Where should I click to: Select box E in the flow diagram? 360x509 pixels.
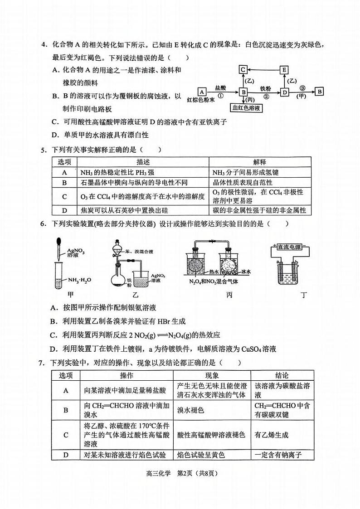(284, 69)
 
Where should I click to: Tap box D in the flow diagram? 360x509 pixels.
(284, 92)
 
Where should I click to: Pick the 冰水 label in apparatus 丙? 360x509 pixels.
(246, 272)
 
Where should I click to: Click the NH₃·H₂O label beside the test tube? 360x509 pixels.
(79, 279)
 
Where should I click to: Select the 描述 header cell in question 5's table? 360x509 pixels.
(143, 162)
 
